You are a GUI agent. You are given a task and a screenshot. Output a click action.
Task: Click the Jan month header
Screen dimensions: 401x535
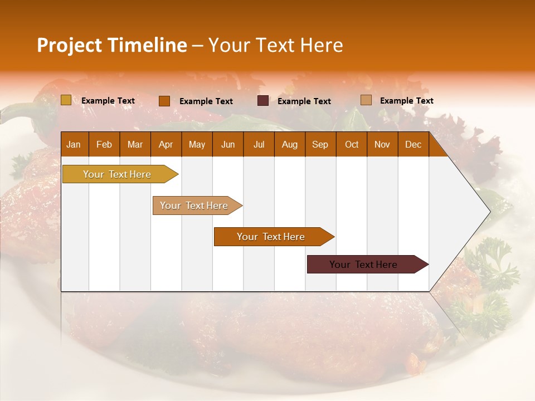(x=74, y=144)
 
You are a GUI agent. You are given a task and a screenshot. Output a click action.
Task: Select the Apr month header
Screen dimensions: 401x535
(x=166, y=144)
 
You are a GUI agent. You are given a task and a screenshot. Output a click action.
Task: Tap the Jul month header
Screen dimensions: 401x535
(x=259, y=144)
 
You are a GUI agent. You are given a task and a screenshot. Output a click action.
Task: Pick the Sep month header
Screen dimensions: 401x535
(x=320, y=144)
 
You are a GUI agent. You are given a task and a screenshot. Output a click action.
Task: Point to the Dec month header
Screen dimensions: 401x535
(x=413, y=144)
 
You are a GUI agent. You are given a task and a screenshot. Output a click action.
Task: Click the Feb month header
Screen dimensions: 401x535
(x=104, y=144)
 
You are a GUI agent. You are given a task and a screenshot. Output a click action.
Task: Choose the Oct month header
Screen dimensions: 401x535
(x=352, y=144)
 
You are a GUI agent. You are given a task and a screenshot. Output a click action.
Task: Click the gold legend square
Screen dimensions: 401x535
(x=66, y=100)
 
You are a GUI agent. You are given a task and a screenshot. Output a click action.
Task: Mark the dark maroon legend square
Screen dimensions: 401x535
(x=263, y=101)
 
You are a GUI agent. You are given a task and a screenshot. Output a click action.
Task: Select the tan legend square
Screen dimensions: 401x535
(x=366, y=100)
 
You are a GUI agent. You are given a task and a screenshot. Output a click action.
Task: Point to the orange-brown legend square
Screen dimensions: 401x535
(x=164, y=101)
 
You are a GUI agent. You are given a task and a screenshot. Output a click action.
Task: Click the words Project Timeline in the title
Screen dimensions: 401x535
(x=111, y=45)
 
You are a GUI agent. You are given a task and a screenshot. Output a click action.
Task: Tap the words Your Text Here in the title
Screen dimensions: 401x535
(x=275, y=45)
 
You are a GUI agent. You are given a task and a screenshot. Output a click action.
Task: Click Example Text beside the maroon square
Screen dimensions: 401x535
(x=304, y=101)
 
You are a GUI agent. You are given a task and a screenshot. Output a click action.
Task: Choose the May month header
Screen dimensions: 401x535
(x=197, y=144)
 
